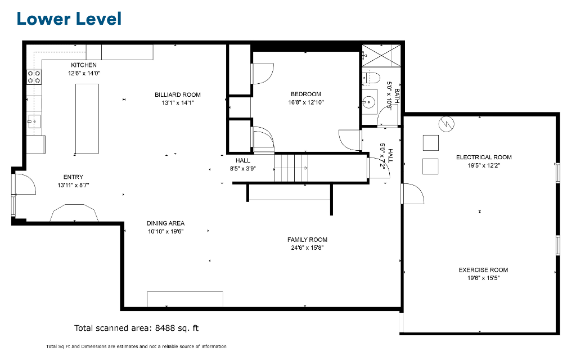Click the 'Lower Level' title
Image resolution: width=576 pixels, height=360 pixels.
click(69, 19)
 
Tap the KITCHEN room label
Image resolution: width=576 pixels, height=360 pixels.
click(84, 65)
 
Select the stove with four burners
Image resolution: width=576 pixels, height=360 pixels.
click(34, 76)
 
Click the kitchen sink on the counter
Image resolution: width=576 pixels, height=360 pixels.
click(34, 121)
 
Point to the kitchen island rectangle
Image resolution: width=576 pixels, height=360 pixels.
click(87, 119)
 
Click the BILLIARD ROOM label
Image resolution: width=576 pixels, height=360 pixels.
click(178, 94)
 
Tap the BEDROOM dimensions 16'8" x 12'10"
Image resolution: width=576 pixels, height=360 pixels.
click(306, 102)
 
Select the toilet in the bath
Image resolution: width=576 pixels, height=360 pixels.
click(371, 78)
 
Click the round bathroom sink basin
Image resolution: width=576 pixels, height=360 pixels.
click(368, 100)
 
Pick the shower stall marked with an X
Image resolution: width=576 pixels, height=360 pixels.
click(381, 56)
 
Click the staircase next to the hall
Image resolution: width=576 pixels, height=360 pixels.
click(291, 168)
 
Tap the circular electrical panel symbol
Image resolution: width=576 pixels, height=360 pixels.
click(446, 124)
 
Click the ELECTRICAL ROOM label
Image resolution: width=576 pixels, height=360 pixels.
click(484, 157)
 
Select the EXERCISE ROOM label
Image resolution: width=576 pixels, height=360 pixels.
click(483, 270)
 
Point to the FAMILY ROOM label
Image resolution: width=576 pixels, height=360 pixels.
click(308, 240)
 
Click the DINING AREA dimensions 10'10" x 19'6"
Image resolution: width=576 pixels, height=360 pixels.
click(166, 231)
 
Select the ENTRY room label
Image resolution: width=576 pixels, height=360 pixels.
click(74, 177)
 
